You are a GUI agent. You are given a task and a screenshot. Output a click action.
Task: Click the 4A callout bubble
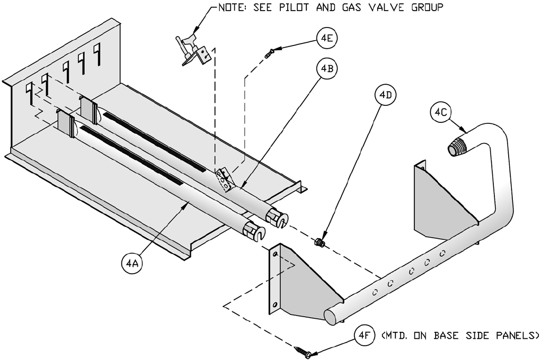[x=132, y=264]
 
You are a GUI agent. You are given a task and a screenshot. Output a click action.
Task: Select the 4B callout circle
[x=327, y=69]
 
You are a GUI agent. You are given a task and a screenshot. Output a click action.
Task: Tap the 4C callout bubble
[x=441, y=112]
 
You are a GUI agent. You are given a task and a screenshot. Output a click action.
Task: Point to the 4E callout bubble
[x=327, y=39]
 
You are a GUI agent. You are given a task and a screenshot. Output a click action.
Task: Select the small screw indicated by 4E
[x=270, y=53]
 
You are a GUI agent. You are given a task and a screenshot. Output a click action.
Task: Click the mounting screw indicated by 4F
[x=302, y=352]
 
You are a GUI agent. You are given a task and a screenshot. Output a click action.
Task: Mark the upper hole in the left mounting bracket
[x=275, y=255]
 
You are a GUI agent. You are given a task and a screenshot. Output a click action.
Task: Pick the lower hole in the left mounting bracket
[x=274, y=305]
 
